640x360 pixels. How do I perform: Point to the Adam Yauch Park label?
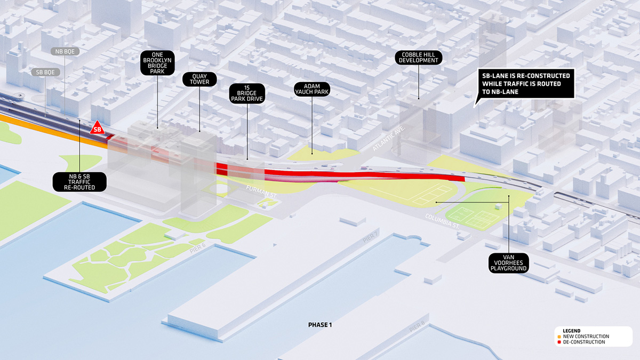pos(312,89)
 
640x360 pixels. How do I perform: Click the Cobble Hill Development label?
pos(419,58)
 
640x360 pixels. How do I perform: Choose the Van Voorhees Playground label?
pos(509,262)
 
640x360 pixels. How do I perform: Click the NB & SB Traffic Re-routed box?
pos(79,181)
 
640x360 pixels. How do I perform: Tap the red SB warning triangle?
pos(98,128)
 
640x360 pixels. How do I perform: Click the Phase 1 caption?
pos(320,325)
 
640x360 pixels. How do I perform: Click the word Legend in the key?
pos(564,331)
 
